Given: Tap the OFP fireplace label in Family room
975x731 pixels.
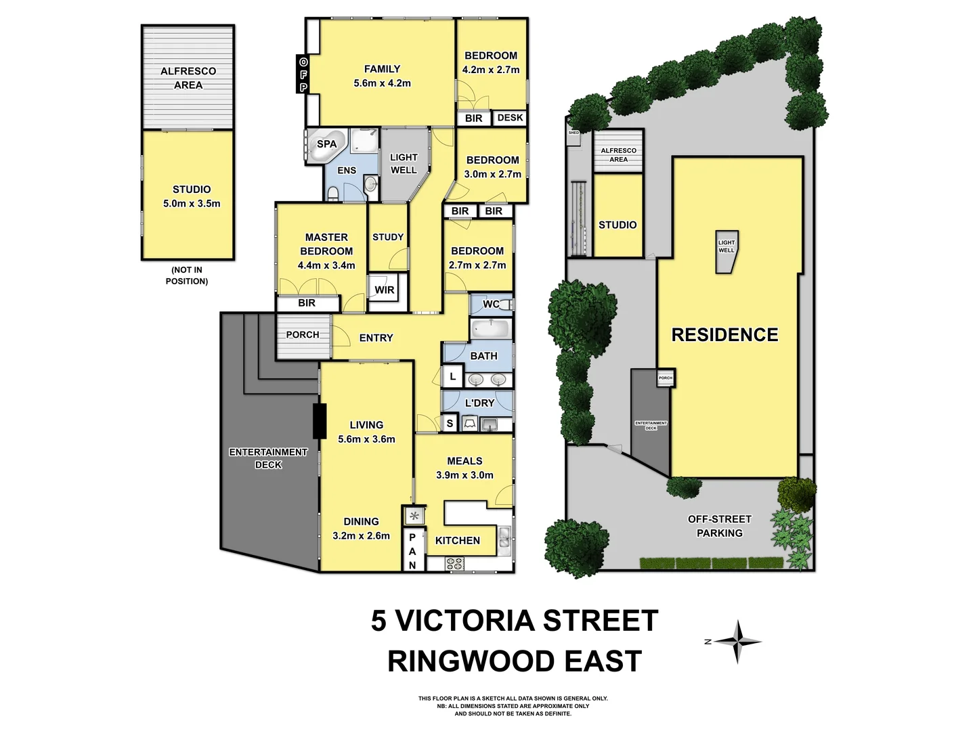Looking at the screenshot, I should click(x=303, y=74).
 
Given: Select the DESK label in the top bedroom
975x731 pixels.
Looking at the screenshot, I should click(x=510, y=118).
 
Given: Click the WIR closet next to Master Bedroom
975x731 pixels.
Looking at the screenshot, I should click(x=384, y=290).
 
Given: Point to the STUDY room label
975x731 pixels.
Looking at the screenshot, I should click(x=388, y=237).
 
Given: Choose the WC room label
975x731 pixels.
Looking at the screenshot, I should click(x=491, y=304).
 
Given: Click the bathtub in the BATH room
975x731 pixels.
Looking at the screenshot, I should click(x=490, y=330).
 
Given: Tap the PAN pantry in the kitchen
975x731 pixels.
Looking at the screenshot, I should click(x=412, y=551).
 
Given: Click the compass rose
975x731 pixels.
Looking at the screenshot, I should click(x=739, y=641).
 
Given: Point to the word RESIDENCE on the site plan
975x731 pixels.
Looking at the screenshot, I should click(x=724, y=334).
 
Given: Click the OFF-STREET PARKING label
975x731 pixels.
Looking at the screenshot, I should click(x=719, y=526).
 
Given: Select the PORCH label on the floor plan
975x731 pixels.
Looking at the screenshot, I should click(x=302, y=334).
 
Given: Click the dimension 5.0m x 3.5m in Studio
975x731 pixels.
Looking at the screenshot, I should click(x=192, y=203).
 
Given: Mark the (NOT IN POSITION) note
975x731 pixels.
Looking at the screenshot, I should click(x=187, y=275).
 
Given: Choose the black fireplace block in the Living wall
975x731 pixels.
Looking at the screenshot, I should click(x=319, y=420).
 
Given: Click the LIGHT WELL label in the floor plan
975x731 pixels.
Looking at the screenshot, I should click(x=404, y=164).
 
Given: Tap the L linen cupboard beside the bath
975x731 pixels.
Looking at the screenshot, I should click(x=452, y=376).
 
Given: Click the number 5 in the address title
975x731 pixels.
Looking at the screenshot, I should click(x=378, y=620).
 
